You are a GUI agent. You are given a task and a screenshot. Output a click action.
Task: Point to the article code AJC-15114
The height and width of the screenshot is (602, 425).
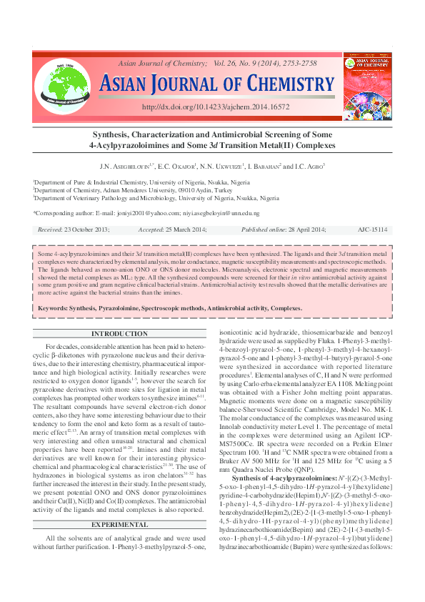pos(372,230)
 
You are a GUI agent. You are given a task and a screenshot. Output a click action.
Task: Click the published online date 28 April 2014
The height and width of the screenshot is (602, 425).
pos(299,230)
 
